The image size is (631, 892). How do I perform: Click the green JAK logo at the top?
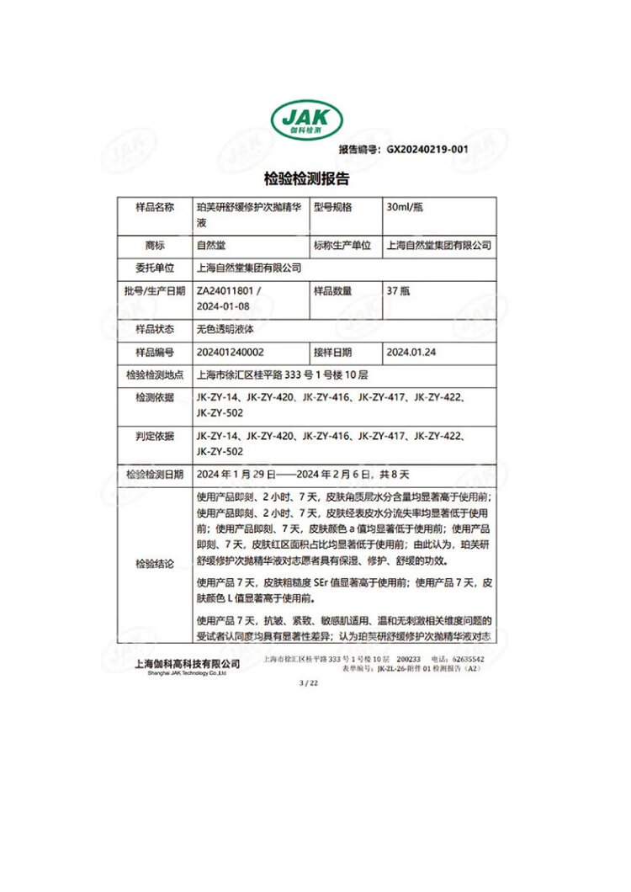(305, 121)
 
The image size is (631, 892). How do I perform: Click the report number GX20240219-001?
(427, 150)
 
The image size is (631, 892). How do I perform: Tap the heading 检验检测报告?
(306, 178)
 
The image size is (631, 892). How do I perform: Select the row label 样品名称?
(155, 207)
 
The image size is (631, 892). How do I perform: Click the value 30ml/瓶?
(405, 207)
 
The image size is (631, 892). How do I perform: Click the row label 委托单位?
(155, 268)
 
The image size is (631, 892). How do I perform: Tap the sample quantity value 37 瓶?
(398, 290)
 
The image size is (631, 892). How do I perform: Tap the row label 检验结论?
(155, 565)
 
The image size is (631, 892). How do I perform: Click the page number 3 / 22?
(309, 684)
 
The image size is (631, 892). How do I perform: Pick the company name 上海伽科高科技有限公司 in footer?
(188, 664)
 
